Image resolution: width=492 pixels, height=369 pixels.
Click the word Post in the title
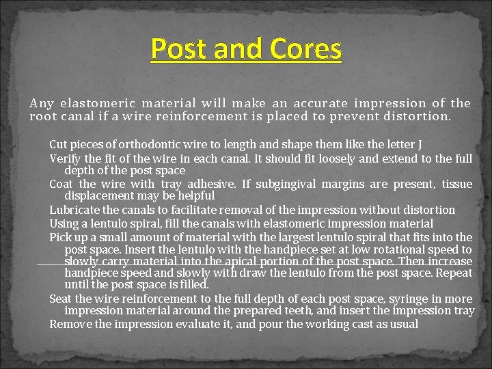[178, 49]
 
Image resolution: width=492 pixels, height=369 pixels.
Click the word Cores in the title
[305, 49]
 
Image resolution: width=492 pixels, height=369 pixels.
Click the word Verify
[66, 159]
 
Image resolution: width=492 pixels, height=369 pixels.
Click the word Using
[64, 223]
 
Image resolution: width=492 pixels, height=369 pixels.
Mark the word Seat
[61, 299]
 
